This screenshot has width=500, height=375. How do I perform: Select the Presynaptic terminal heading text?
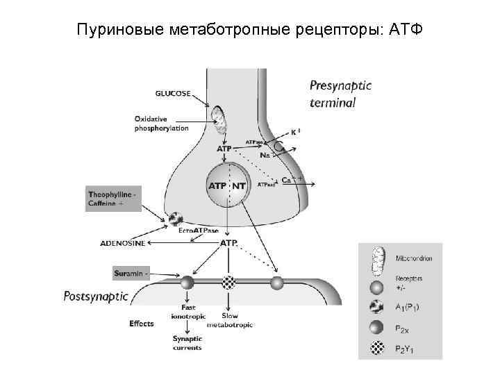340,94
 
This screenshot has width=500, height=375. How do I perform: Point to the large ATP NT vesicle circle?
227,185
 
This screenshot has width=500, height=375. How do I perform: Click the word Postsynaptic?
96,297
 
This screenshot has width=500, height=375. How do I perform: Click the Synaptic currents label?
187,342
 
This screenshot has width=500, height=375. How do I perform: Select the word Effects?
141,324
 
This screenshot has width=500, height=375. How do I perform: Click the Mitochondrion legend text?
414,258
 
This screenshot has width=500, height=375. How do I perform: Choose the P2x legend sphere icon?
376,329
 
